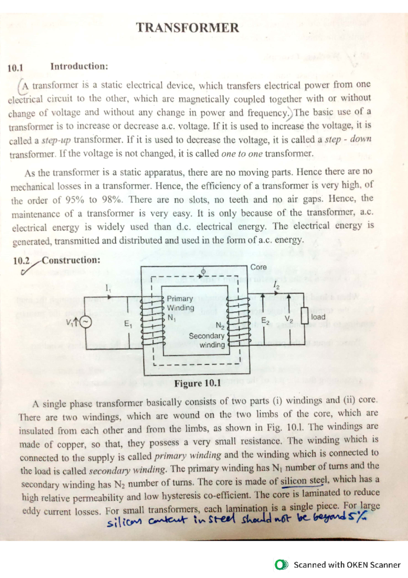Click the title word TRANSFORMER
(x=187, y=28)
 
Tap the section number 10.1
(x=15, y=68)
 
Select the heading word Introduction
(x=79, y=66)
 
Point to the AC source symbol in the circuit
(x=86, y=322)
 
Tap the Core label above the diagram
(x=258, y=267)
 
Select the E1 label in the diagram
(x=128, y=324)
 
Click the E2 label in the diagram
(x=265, y=321)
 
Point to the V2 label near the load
(x=289, y=319)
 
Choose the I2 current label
(x=276, y=285)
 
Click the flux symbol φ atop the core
(x=203, y=271)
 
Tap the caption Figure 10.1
(x=198, y=383)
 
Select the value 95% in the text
(x=74, y=200)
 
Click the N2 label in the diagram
(x=220, y=326)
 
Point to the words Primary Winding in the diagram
(x=180, y=303)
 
